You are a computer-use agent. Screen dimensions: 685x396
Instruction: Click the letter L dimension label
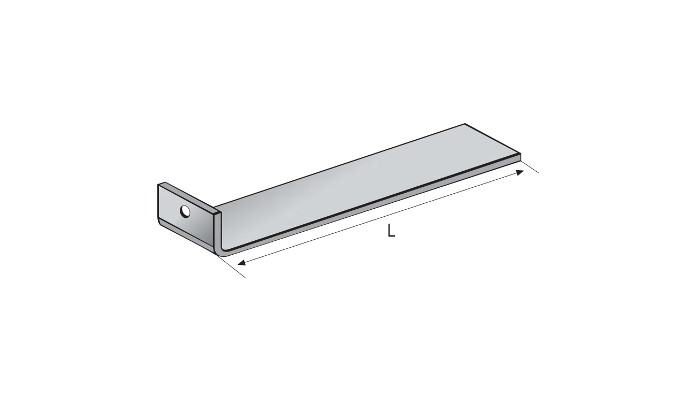(391, 231)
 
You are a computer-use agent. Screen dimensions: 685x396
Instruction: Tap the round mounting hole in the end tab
(185, 211)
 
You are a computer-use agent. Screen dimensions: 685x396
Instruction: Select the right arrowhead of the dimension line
(520, 173)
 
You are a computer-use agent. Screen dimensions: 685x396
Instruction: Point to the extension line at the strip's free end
(530, 166)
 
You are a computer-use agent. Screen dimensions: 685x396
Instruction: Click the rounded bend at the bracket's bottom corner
(221, 252)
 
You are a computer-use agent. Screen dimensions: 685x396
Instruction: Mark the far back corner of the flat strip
(465, 124)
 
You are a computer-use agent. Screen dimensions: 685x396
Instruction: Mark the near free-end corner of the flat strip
(521, 154)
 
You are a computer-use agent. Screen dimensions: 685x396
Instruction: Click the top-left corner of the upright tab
(158, 185)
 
